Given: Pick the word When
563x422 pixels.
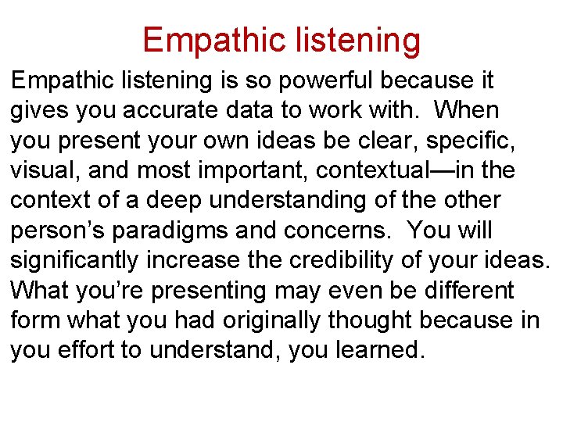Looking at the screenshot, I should [x=466, y=110].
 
